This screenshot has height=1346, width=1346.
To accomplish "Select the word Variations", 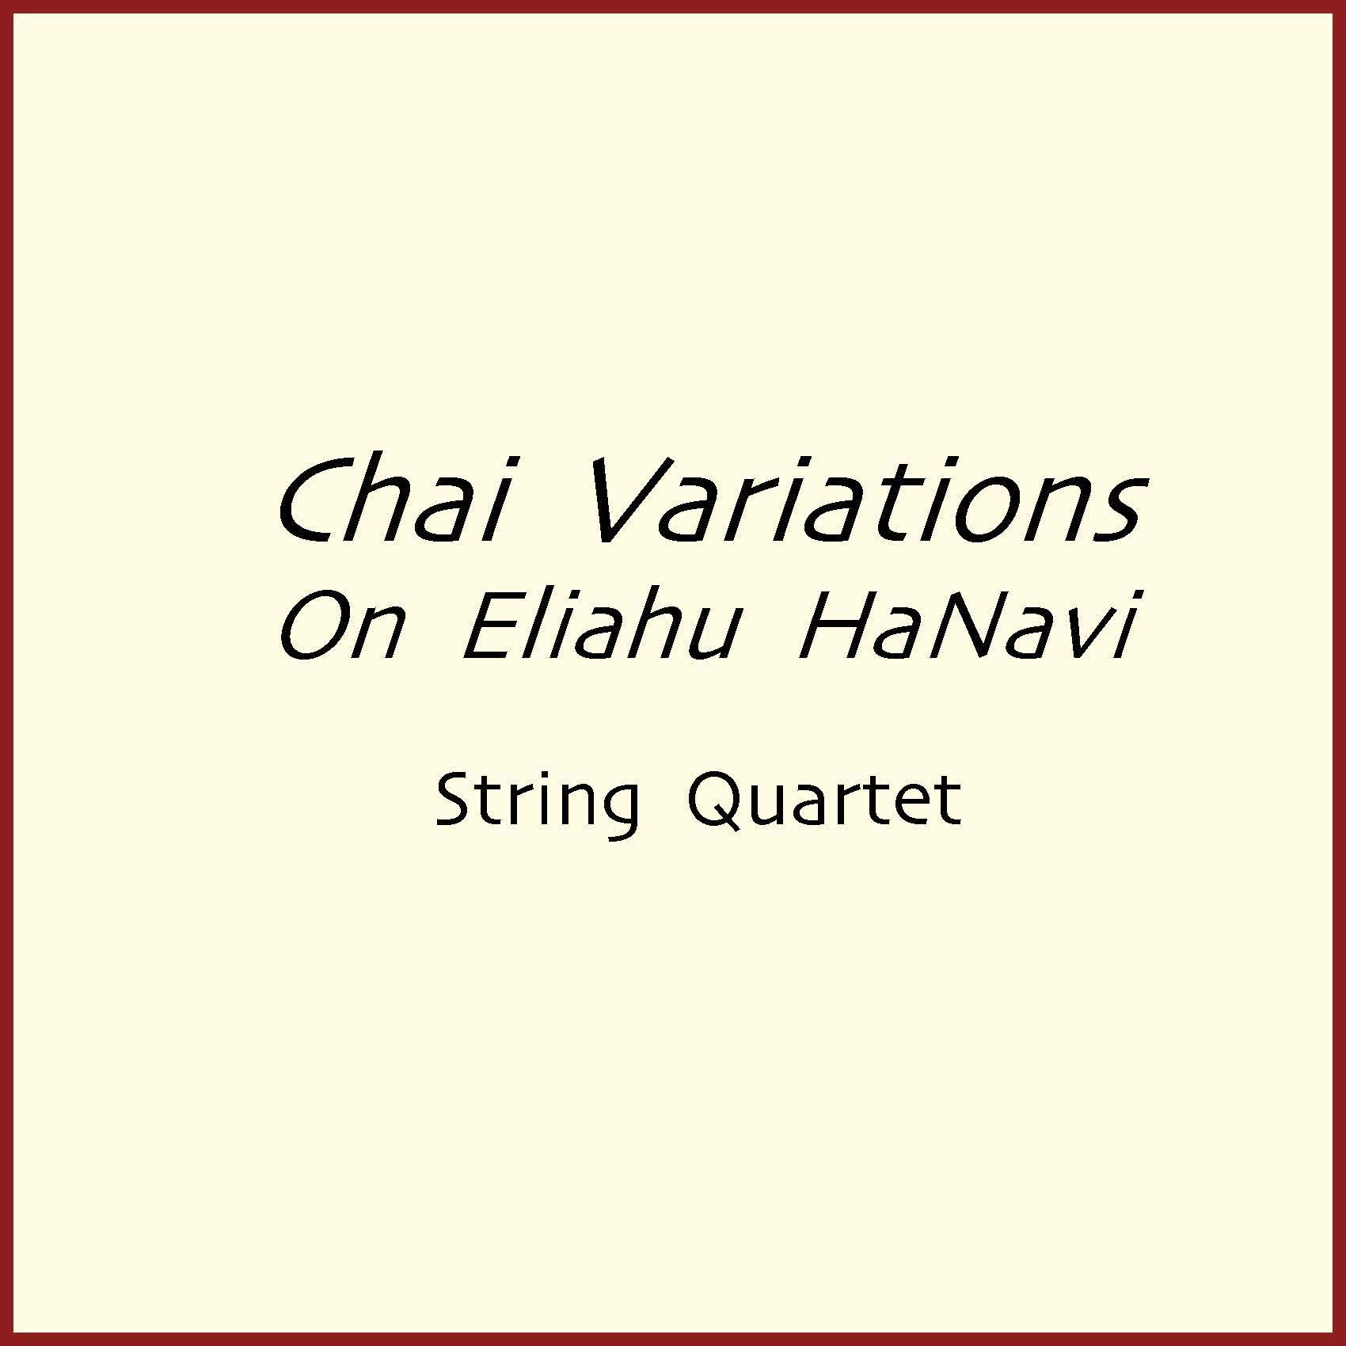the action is (866, 500).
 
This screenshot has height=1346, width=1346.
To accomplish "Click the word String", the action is (537, 804).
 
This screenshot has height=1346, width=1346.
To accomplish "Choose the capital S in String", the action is (456, 800).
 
